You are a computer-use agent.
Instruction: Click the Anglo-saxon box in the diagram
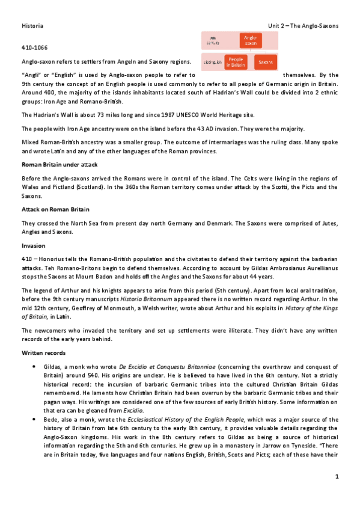click(249, 40)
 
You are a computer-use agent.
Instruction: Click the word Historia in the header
click(32, 26)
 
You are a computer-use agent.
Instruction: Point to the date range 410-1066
click(34, 47)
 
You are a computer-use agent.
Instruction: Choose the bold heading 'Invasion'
click(33, 245)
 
